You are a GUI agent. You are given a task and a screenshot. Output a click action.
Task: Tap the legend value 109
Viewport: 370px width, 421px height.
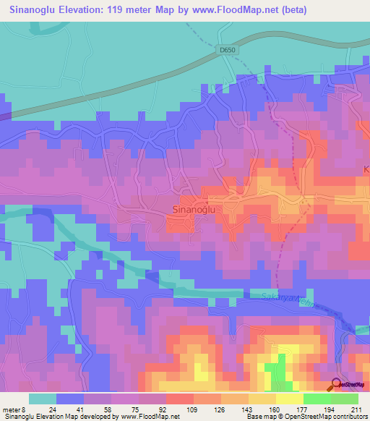[193, 409]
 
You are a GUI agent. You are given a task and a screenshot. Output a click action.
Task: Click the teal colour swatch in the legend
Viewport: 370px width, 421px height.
[43, 399]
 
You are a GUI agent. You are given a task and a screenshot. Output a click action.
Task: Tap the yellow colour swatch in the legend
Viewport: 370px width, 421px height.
[289, 399]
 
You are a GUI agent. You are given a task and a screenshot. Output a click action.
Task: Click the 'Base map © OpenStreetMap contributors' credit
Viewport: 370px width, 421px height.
[306, 417]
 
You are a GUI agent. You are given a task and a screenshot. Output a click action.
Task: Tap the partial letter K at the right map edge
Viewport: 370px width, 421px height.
[366, 169]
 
